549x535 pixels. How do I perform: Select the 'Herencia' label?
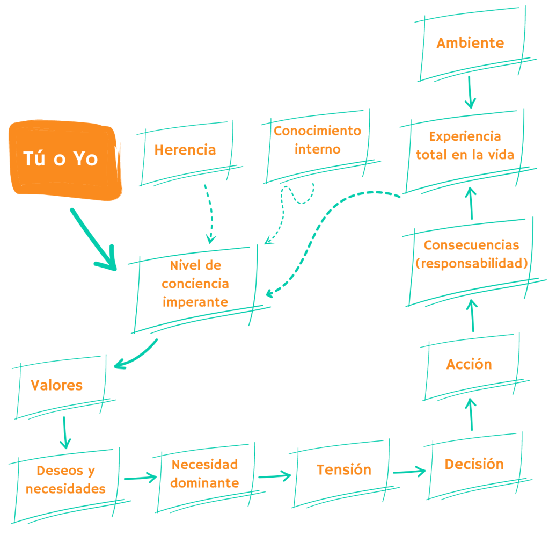(x=185, y=150)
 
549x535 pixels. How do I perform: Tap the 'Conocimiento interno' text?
(x=317, y=140)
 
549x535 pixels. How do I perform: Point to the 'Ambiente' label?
(x=470, y=43)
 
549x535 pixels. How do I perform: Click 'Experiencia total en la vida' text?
(x=465, y=146)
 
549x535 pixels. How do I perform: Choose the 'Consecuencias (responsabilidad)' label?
(x=471, y=254)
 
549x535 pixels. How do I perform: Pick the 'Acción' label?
(x=469, y=364)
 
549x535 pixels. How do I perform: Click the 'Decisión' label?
(x=474, y=464)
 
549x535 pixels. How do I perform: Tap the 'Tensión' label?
(x=344, y=469)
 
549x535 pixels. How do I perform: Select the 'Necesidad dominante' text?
(x=204, y=473)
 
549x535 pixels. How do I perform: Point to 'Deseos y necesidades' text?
(x=65, y=480)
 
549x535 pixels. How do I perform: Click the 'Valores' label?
(x=56, y=385)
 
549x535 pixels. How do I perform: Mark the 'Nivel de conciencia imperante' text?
(x=195, y=284)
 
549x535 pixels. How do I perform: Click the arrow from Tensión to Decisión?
(x=408, y=472)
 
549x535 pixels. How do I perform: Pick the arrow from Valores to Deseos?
(x=64, y=432)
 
